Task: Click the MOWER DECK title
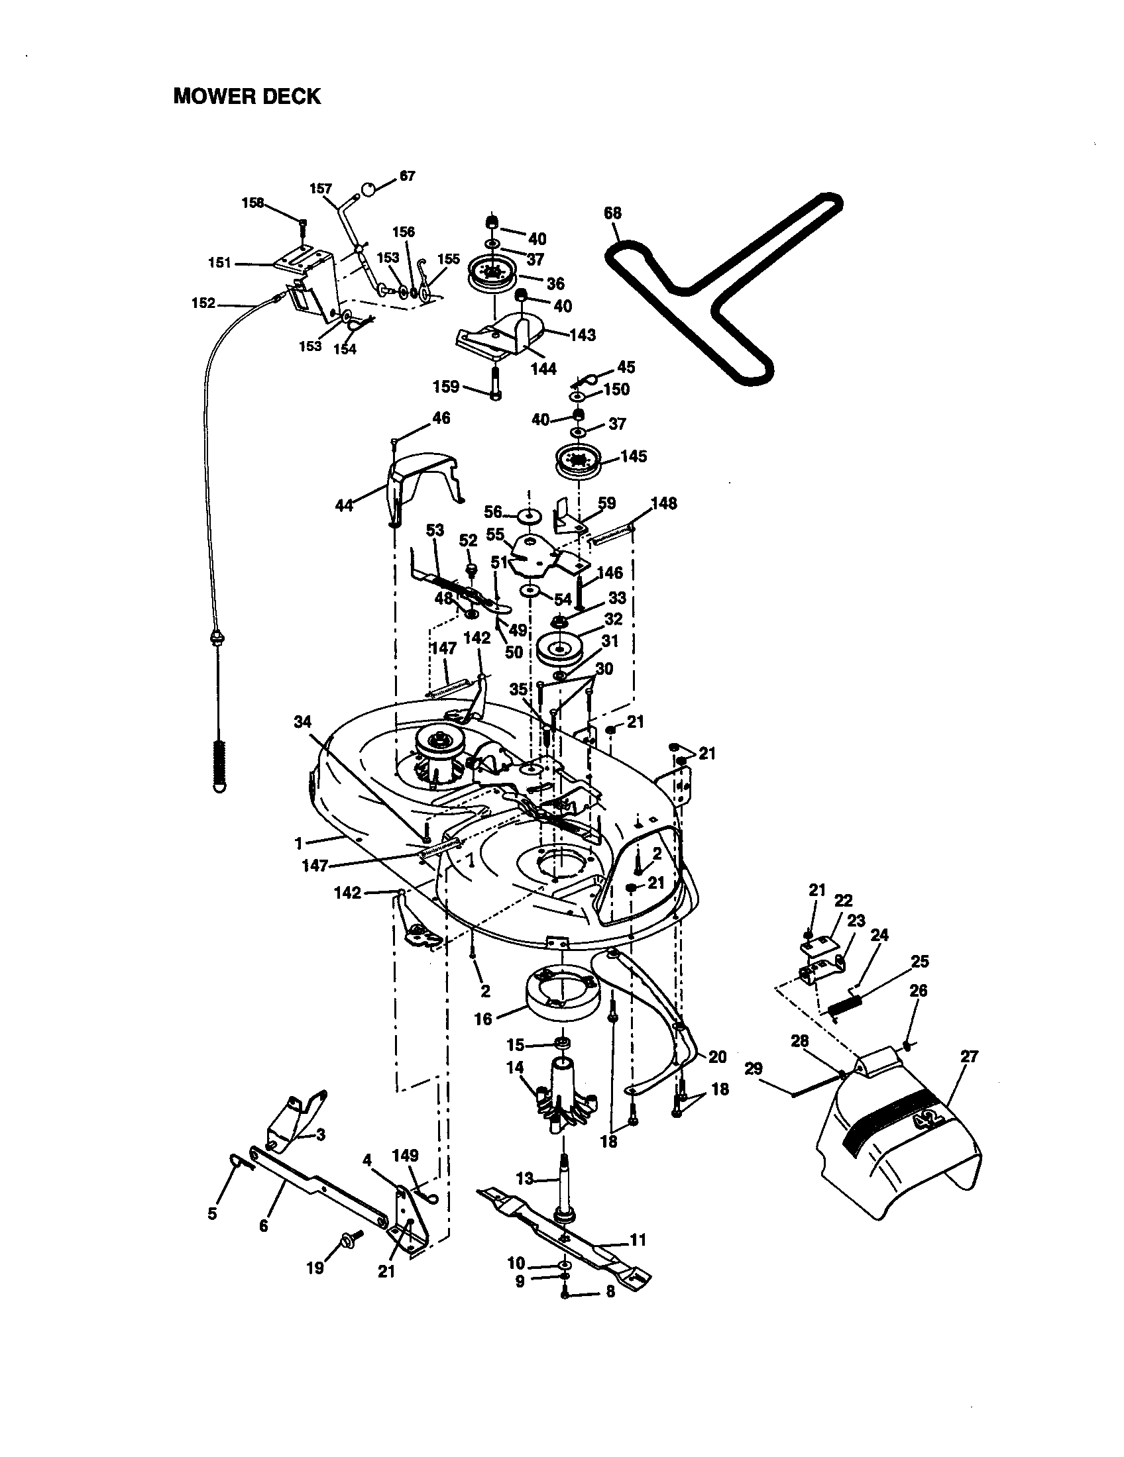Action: click(x=247, y=97)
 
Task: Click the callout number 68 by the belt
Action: click(x=612, y=213)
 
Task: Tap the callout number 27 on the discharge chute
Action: click(x=969, y=1057)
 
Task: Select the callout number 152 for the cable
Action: click(x=203, y=303)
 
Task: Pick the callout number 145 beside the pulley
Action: click(x=633, y=456)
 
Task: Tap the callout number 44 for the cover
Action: click(x=344, y=506)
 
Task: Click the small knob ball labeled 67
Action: click(x=368, y=191)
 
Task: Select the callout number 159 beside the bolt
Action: click(x=446, y=386)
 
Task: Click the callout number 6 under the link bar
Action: click(x=263, y=1226)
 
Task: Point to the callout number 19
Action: click(x=314, y=1268)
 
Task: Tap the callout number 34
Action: click(x=302, y=722)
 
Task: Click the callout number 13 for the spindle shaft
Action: click(x=525, y=1179)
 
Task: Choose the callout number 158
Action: click(x=253, y=203)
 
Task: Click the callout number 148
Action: click(x=663, y=503)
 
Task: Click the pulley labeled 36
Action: click(x=494, y=275)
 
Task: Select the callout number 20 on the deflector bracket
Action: click(x=717, y=1057)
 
